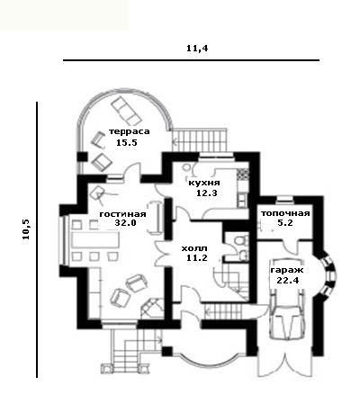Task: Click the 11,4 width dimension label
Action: point(197,49)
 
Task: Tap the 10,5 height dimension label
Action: point(26,229)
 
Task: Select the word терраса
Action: point(130,131)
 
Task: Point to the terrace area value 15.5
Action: point(127,142)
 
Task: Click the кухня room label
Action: point(204,183)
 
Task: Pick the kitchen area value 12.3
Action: point(206,193)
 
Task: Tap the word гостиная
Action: point(123,214)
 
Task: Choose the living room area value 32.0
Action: point(125,223)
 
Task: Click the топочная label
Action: point(285,213)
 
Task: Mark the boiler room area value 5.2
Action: point(285,223)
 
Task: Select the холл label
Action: point(194,248)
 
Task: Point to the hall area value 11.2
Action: point(197,257)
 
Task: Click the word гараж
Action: point(287,270)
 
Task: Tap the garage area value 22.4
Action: point(287,281)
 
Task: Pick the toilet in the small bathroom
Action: point(240,240)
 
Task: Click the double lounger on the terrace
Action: point(126,112)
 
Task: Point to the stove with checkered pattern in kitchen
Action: point(243,174)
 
